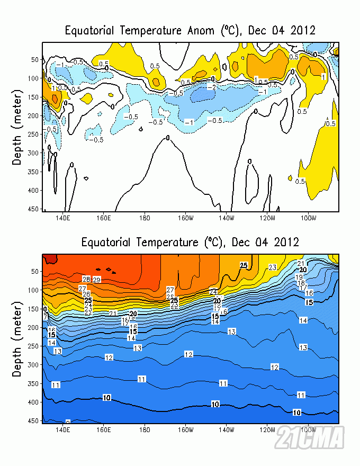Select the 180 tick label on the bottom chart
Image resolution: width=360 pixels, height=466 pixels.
pyautogui.click(x=145, y=429)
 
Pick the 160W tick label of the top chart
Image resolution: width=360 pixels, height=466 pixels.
pyautogui.click(x=185, y=218)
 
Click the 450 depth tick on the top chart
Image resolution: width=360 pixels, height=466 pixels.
pyautogui.click(x=35, y=209)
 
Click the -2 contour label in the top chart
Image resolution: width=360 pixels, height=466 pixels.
pyautogui.click(x=211, y=87)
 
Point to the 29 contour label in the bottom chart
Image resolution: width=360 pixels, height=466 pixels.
pyautogui.click(x=97, y=280)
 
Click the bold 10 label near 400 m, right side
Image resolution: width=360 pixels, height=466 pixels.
pyautogui.click(x=296, y=412)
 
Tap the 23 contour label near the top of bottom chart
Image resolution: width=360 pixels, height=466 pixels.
pyautogui.click(x=273, y=267)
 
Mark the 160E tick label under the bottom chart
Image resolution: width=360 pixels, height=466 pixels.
pyautogui.click(x=104, y=429)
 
